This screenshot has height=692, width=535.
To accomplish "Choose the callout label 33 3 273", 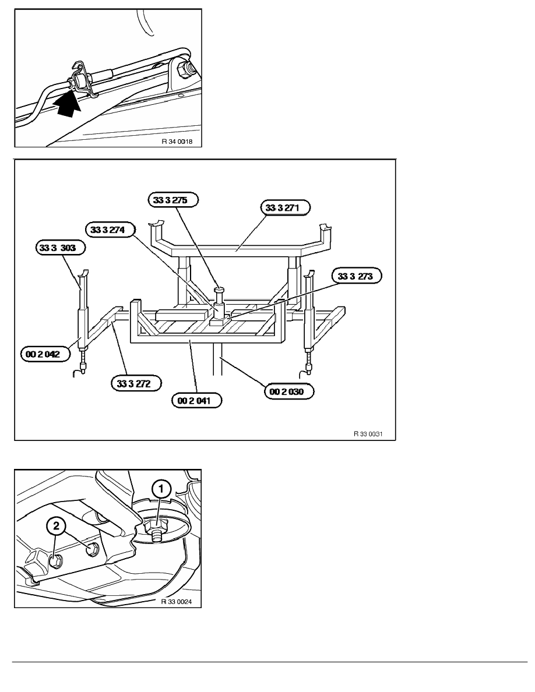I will (356, 276).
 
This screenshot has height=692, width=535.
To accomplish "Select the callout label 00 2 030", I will (290, 393).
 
